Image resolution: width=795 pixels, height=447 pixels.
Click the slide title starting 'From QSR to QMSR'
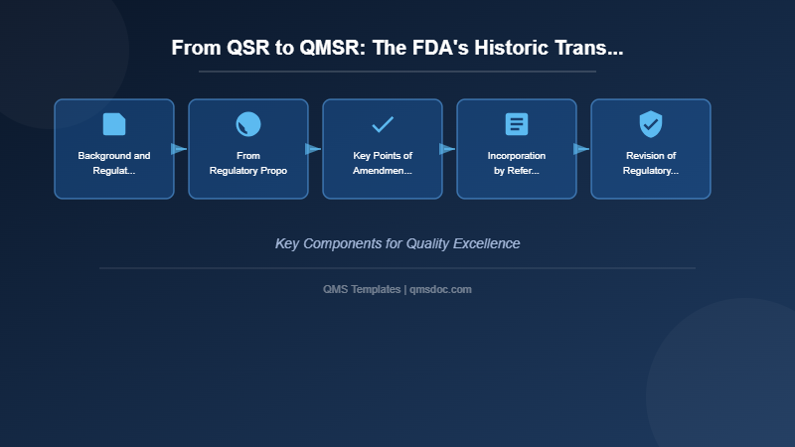[397, 48]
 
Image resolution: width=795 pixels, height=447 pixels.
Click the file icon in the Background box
[114, 124]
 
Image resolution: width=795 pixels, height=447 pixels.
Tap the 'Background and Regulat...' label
[114, 163]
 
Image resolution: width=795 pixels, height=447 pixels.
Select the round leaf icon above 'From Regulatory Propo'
[248, 124]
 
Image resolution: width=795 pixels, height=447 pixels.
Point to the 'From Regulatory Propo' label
[248, 163]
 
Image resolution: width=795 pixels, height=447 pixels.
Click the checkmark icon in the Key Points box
[383, 124]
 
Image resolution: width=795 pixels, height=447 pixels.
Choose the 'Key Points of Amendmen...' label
[383, 163]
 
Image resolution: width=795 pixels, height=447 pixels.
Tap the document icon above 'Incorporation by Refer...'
[517, 124]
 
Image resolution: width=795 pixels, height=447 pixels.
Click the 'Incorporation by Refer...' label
[517, 163]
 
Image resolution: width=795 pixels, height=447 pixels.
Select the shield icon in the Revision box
[651, 124]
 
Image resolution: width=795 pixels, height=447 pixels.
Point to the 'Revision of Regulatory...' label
[651, 163]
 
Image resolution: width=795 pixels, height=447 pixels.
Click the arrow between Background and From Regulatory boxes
[179, 149]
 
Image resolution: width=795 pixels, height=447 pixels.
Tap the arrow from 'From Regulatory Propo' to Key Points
[313, 149]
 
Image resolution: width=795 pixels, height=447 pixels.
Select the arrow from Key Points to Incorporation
[447, 149]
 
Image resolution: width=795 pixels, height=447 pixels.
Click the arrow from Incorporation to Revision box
[581, 149]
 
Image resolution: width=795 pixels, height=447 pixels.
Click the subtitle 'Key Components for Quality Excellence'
[397, 243]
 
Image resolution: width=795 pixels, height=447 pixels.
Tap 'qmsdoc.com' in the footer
[440, 289]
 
